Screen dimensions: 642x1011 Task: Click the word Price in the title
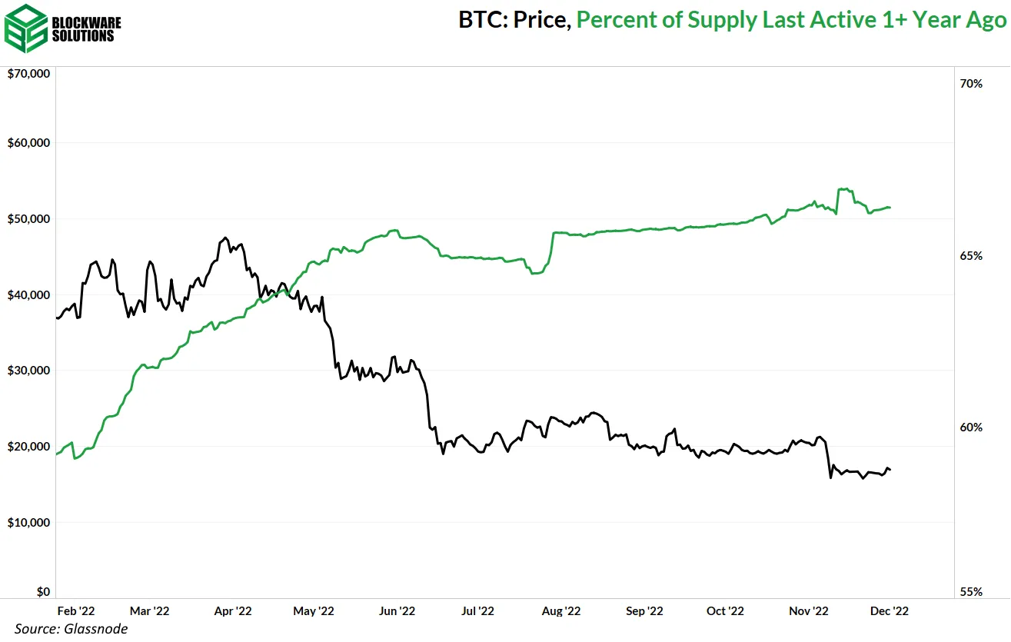(x=541, y=20)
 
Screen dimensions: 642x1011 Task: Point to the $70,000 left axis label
(x=28, y=74)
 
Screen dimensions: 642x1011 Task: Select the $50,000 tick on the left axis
(x=28, y=218)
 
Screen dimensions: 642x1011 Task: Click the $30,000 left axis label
(x=28, y=370)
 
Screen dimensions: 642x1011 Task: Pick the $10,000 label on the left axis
(x=28, y=522)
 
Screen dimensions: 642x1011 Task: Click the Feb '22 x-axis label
(x=76, y=610)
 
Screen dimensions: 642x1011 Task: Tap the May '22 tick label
(x=314, y=610)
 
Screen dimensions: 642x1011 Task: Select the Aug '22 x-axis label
(x=561, y=610)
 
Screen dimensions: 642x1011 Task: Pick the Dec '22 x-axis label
(x=890, y=610)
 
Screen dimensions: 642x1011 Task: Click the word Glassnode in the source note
(x=97, y=629)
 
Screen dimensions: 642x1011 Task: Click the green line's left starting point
(x=58, y=454)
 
